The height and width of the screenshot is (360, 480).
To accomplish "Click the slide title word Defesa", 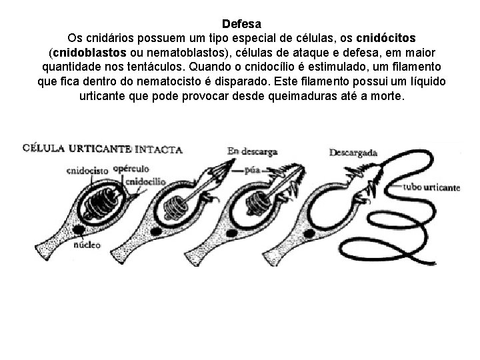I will (240, 23).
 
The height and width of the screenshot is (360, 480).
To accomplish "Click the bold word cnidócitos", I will (387, 37).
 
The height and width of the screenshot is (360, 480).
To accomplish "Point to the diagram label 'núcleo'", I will (87, 245).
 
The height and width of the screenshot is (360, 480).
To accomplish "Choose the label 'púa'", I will (251, 170).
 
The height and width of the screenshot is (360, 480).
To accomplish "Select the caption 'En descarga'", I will (252, 152).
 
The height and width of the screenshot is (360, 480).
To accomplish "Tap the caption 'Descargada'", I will (353, 153).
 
